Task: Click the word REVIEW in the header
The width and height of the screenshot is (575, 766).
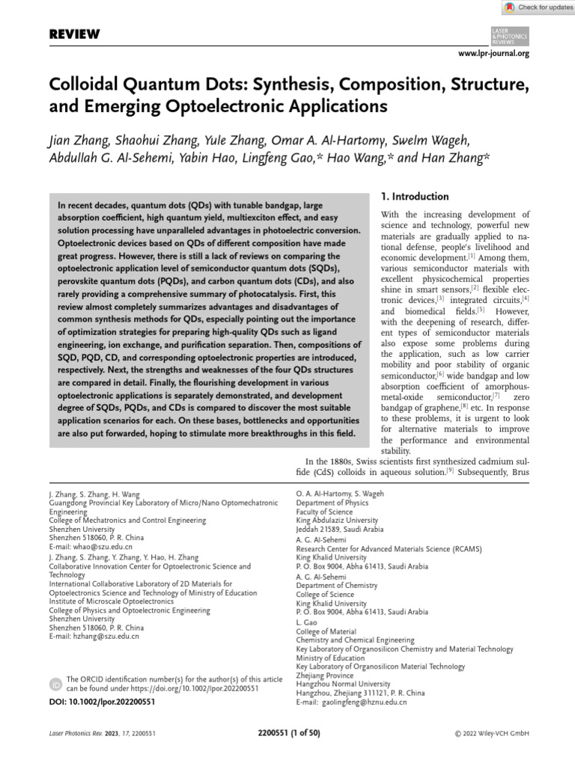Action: (x=74, y=35)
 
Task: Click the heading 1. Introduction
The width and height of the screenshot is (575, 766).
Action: (x=415, y=197)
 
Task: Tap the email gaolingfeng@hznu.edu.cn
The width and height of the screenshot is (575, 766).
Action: (x=363, y=702)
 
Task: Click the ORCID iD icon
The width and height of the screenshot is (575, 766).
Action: (x=56, y=684)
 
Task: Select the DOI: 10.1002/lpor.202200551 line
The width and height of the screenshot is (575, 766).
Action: (x=102, y=702)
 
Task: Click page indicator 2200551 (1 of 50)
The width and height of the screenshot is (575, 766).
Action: (x=288, y=735)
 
